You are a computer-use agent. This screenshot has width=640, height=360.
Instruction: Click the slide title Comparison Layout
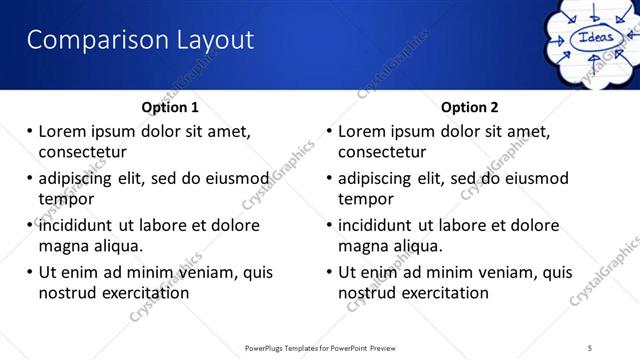click(x=140, y=40)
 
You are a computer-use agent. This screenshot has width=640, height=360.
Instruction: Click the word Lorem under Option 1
click(x=63, y=132)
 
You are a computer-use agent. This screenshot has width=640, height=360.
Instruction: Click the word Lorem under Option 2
click(x=363, y=132)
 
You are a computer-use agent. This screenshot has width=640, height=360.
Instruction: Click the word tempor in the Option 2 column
click(x=366, y=199)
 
